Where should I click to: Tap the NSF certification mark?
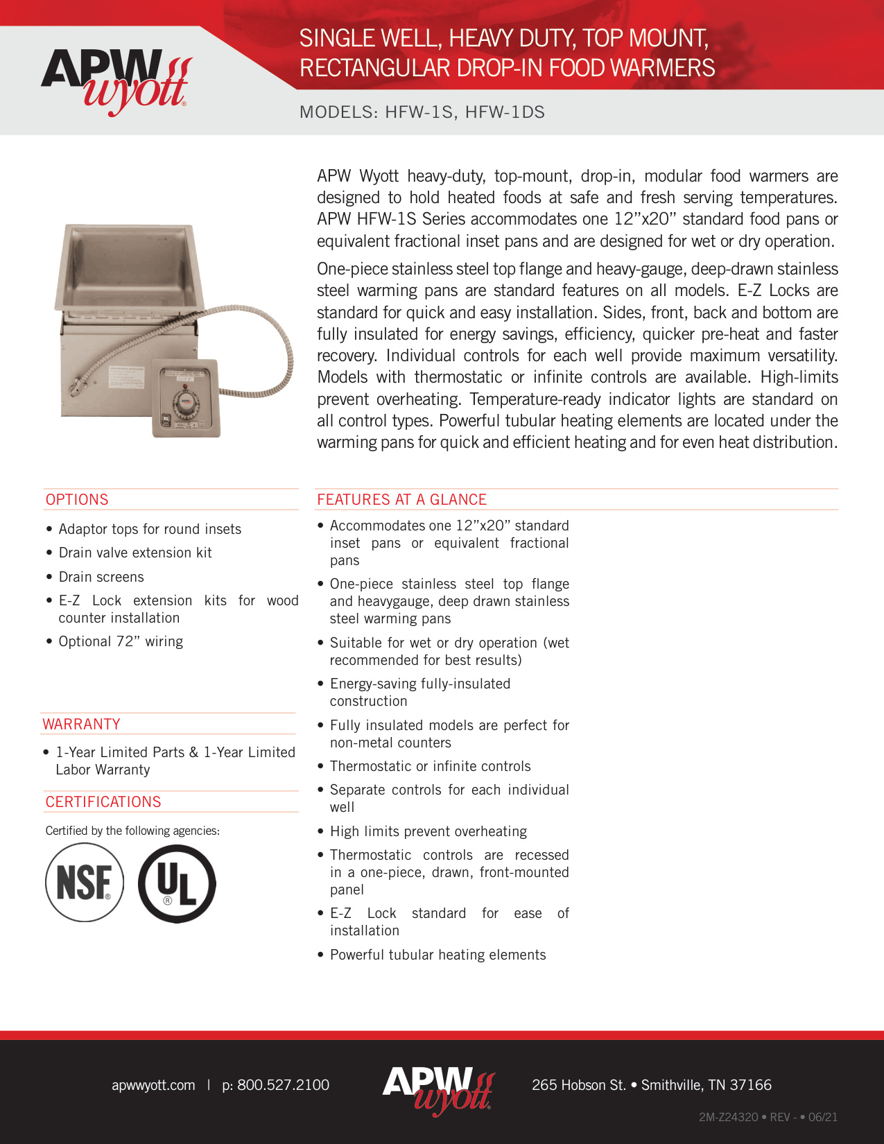pos(85,883)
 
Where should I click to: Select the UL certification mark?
pos(177,883)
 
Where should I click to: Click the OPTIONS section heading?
pos(77,499)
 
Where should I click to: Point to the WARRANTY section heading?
pos(82,724)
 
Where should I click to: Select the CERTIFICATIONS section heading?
pos(103,801)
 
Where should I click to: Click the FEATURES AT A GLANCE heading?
pos(401,499)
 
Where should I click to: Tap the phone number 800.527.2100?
pos(283,1085)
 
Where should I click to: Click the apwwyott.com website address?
pos(153,1085)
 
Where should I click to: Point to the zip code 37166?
pos(750,1085)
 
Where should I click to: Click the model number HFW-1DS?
pos(505,112)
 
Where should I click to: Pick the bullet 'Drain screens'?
pos(101,577)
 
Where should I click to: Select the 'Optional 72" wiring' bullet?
pos(121,641)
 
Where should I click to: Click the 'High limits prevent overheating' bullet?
pos(428,831)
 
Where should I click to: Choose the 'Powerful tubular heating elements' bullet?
pos(437,955)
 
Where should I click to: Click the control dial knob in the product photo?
pos(187,401)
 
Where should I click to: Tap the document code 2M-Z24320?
pos(728,1117)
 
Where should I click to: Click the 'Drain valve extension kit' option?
pos(135,553)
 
